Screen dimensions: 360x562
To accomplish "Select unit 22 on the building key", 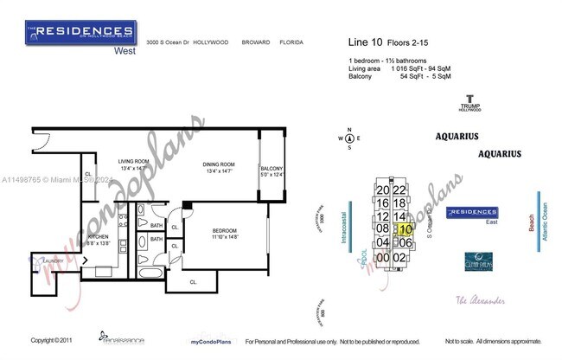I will click(399, 190).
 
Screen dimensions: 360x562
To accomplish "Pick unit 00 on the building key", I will click(382, 258).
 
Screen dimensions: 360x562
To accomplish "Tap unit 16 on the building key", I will click(382, 203).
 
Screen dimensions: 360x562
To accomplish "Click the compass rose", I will click(349, 138).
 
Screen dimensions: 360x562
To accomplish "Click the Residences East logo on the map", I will click(471, 214).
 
